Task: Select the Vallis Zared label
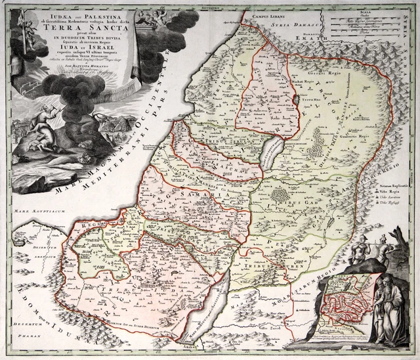(267, 326)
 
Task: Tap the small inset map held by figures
(348, 302)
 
